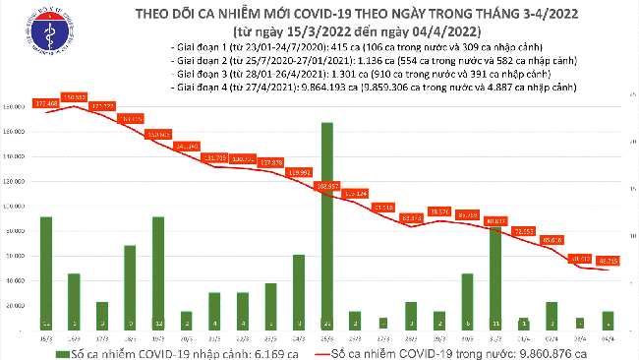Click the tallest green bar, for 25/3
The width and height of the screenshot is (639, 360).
pos(326,226)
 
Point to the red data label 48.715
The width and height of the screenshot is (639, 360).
pos(608,261)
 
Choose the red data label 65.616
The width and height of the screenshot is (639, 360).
pos(552,239)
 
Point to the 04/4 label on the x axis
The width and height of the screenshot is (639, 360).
pos(608,335)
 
